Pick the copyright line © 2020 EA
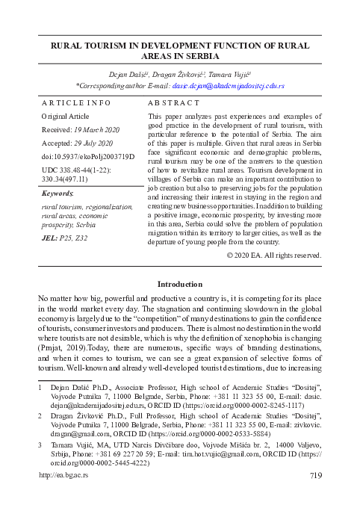coord(273,255)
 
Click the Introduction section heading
coord(180,284)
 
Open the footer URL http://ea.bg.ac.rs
coord(63,495)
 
